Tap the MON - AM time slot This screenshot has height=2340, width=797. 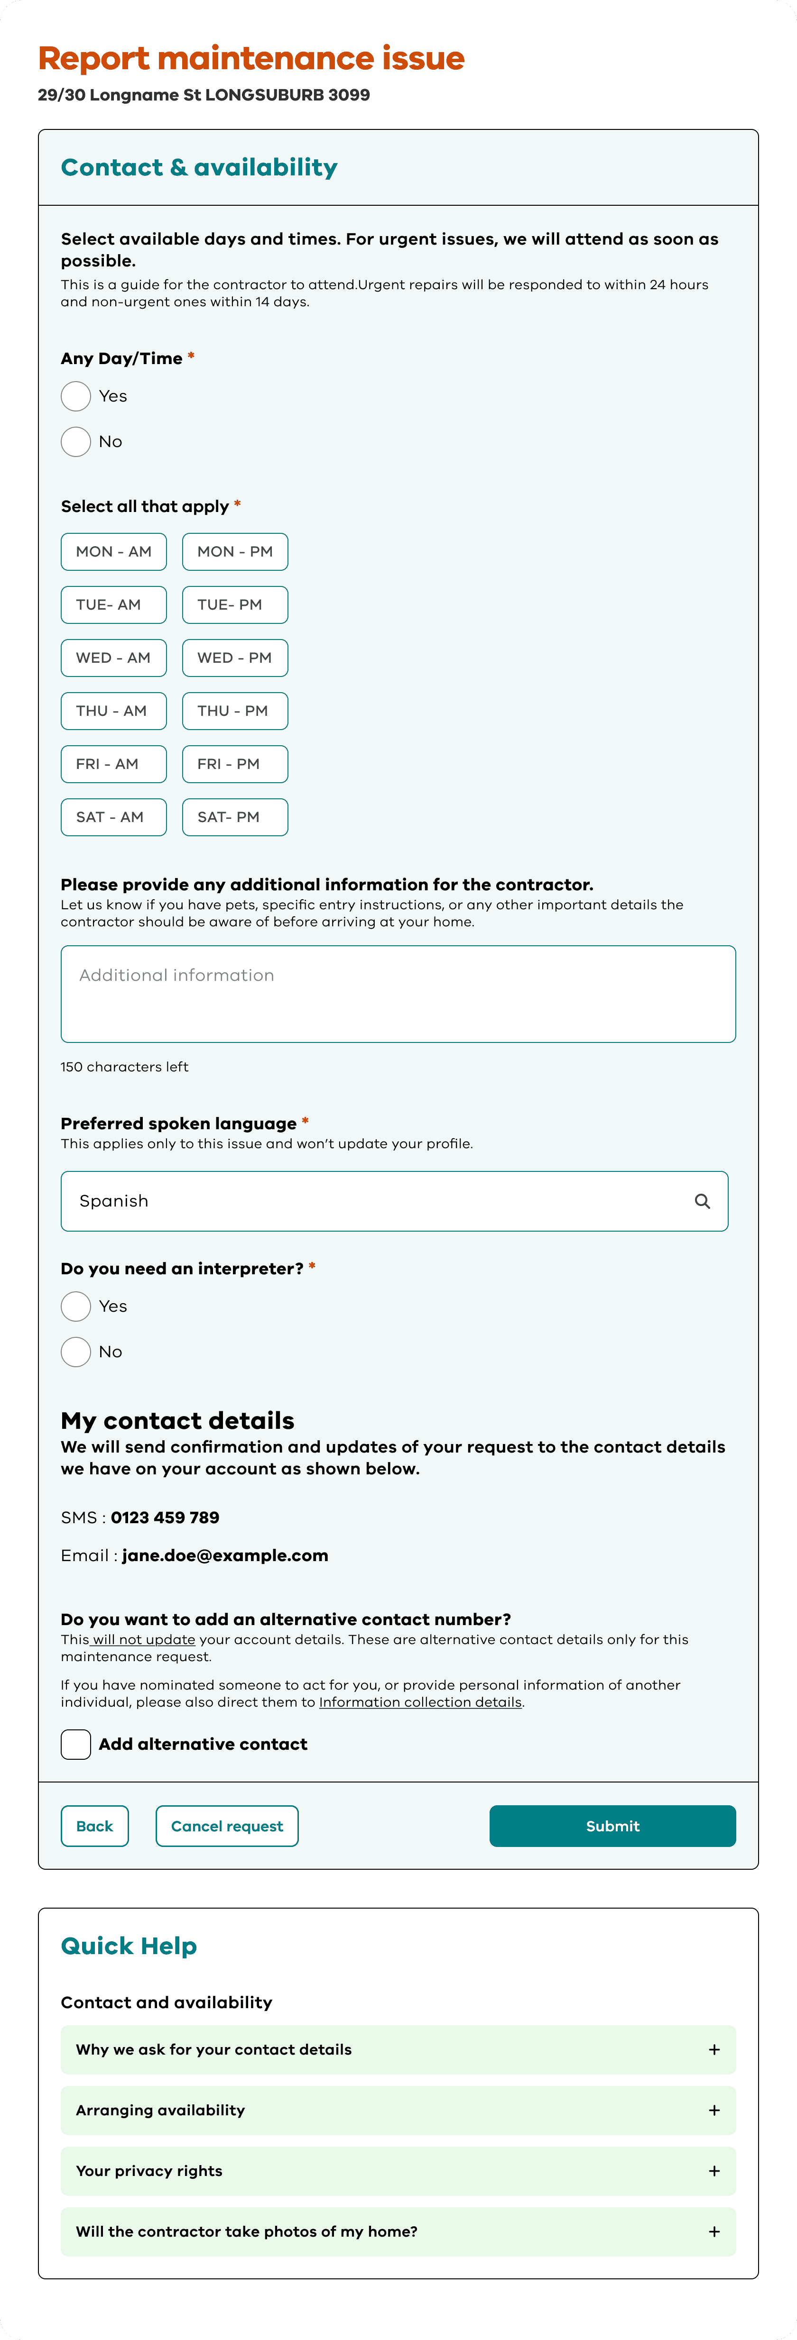pyautogui.click(x=113, y=551)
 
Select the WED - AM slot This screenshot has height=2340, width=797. pyautogui.click(x=113, y=658)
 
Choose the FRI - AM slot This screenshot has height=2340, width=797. pyautogui.click(x=113, y=764)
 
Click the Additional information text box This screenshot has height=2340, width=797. pyautogui.click(x=398, y=994)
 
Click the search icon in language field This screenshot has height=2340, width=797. pyautogui.click(x=702, y=1201)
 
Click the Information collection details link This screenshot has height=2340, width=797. pyautogui.click(x=420, y=1702)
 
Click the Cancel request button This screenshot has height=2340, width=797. pyautogui.click(x=227, y=1826)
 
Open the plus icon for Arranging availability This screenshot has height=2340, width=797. pyautogui.click(x=714, y=2110)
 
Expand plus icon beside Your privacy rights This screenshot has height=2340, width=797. pyautogui.click(x=714, y=2171)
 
